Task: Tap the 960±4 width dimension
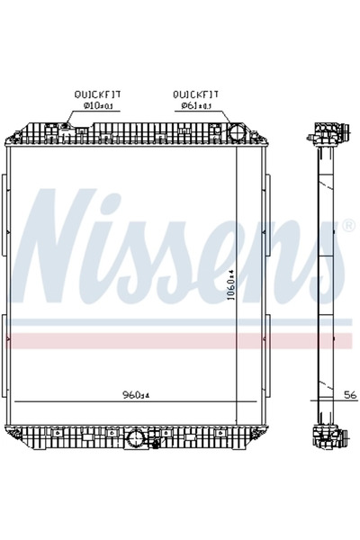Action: coord(134,394)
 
